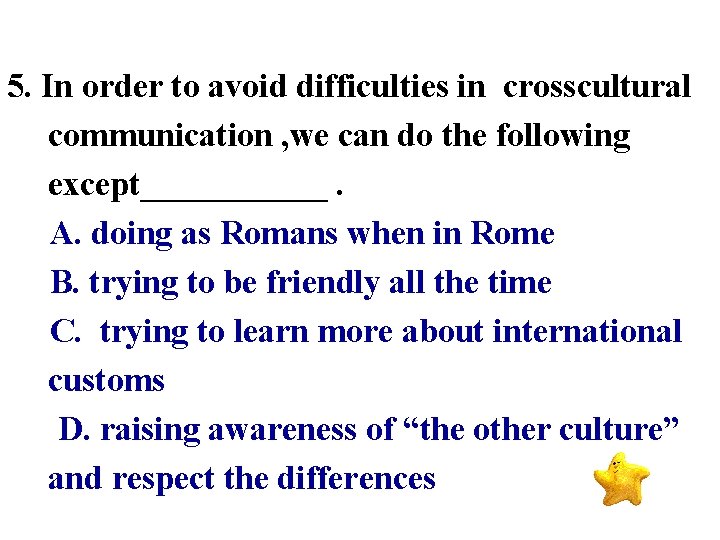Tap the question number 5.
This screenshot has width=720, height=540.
[17, 87]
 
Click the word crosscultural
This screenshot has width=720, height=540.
[597, 87]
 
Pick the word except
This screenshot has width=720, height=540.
[94, 185]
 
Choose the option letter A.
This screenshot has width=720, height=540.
[64, 234]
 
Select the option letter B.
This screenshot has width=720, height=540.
[64, 283]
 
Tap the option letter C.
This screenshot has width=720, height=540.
[64, 332]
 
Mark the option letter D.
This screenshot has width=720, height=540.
[73, 430]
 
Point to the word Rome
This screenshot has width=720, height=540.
[512, 234]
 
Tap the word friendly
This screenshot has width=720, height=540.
[323, 283]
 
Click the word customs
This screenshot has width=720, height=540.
[106, 381]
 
